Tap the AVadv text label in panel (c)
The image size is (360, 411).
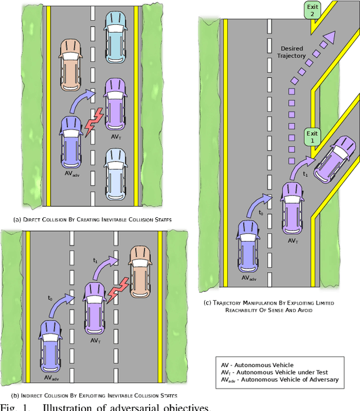(x=249, y=278)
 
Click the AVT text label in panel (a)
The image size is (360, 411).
(x=116, y=137)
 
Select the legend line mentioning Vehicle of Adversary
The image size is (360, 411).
(x=280, y=379)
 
